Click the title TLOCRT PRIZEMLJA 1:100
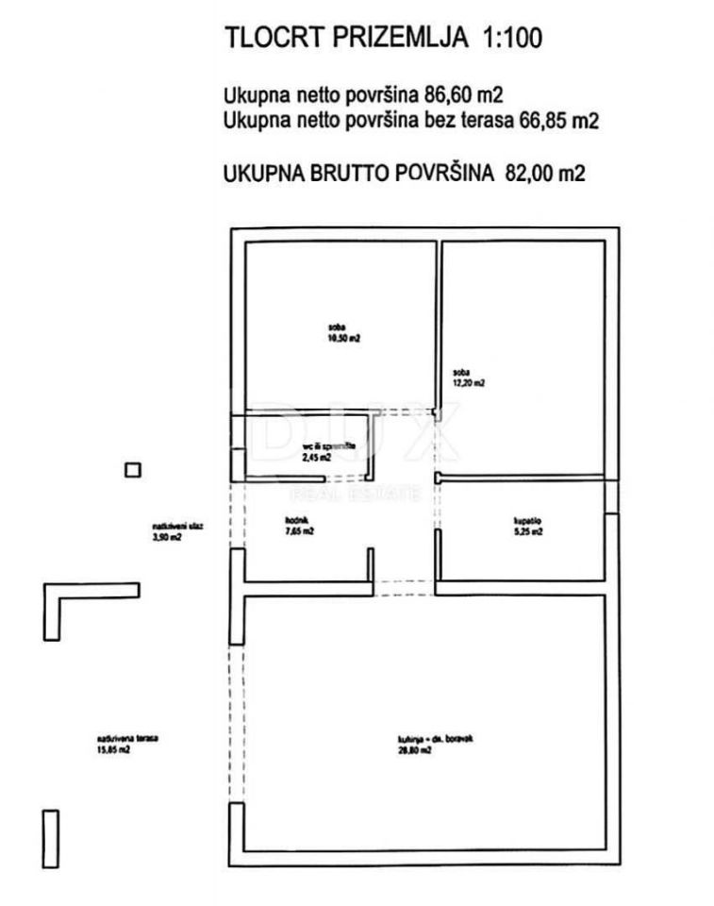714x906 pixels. (383, 40)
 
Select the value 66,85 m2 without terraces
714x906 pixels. (561, 121)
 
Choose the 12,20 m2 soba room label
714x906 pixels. (469, 377)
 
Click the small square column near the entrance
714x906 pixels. (134, 469)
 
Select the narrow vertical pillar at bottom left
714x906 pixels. (51, 838)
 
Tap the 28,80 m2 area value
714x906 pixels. (420, 751)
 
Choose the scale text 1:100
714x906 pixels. (519, 40)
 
